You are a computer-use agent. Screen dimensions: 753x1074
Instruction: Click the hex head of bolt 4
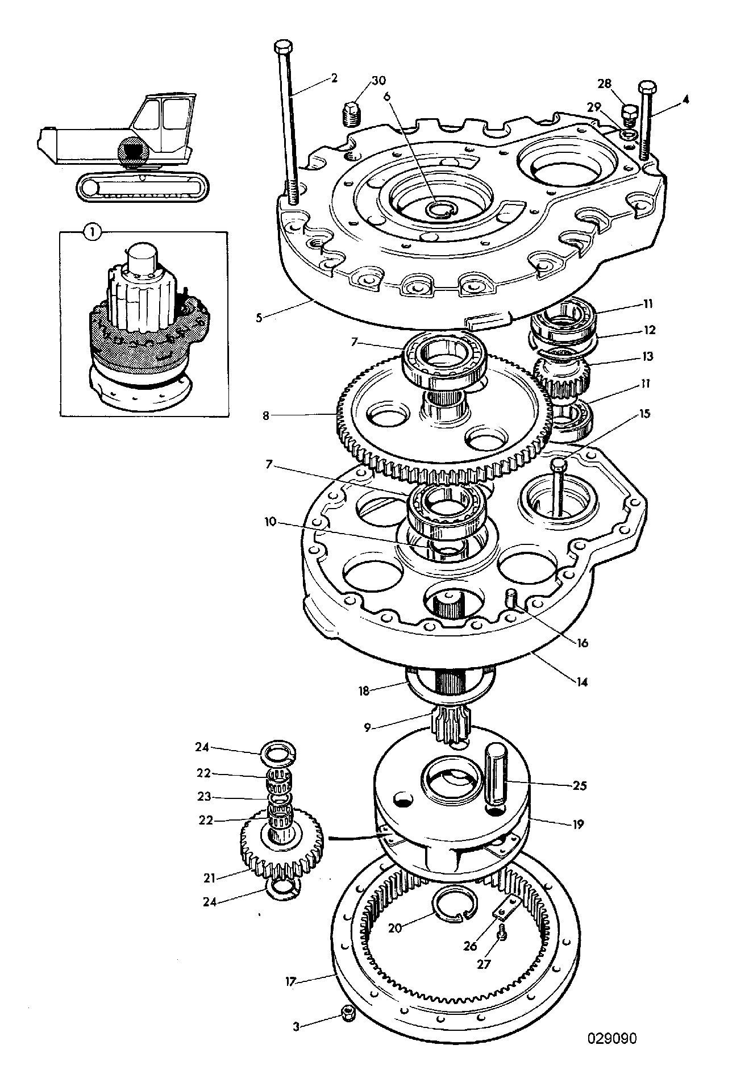(647, 88)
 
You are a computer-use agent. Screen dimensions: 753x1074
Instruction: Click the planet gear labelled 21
(281, 844)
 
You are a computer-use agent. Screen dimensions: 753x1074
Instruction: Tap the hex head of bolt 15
(559, 464)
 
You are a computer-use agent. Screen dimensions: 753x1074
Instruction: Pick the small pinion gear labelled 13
(561, 380)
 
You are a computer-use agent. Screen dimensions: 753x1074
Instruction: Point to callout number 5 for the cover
(259, 317)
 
